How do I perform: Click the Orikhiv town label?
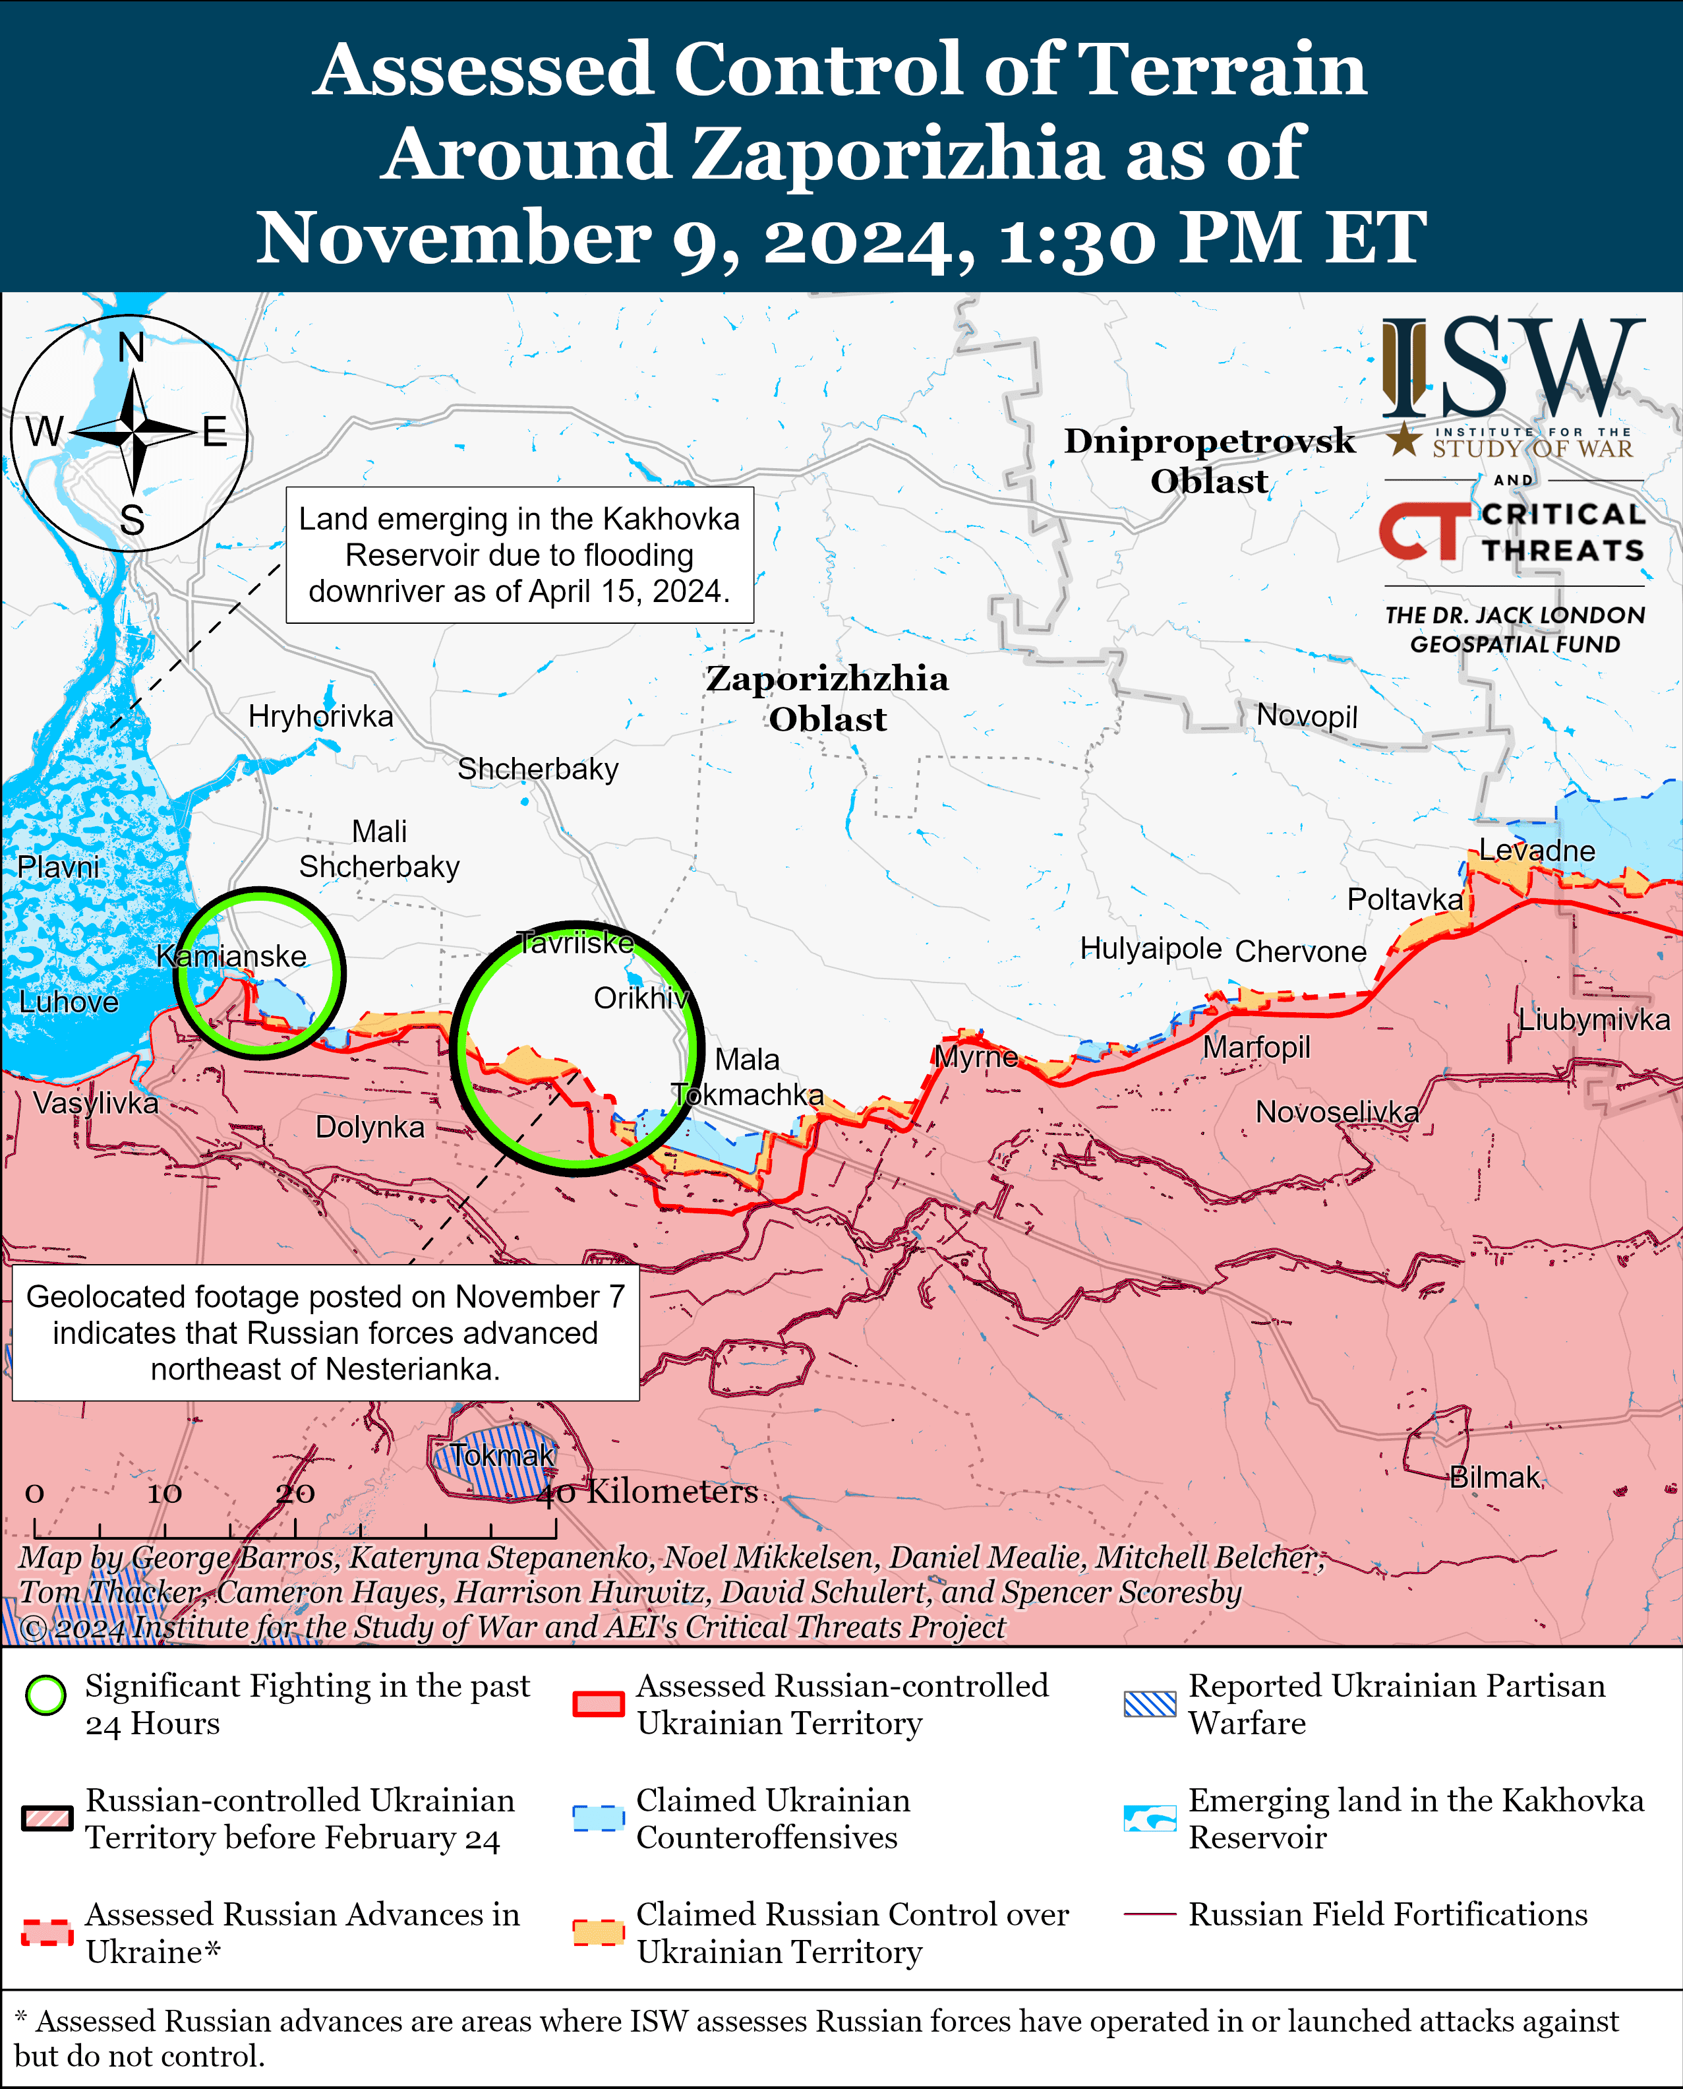641,998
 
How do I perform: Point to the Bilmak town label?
1494,1477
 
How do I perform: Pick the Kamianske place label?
231,956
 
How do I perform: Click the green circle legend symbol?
45,1694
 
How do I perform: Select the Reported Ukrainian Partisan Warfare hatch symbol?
1149,1704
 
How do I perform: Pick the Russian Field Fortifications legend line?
1149,1914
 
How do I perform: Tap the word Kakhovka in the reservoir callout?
670,520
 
